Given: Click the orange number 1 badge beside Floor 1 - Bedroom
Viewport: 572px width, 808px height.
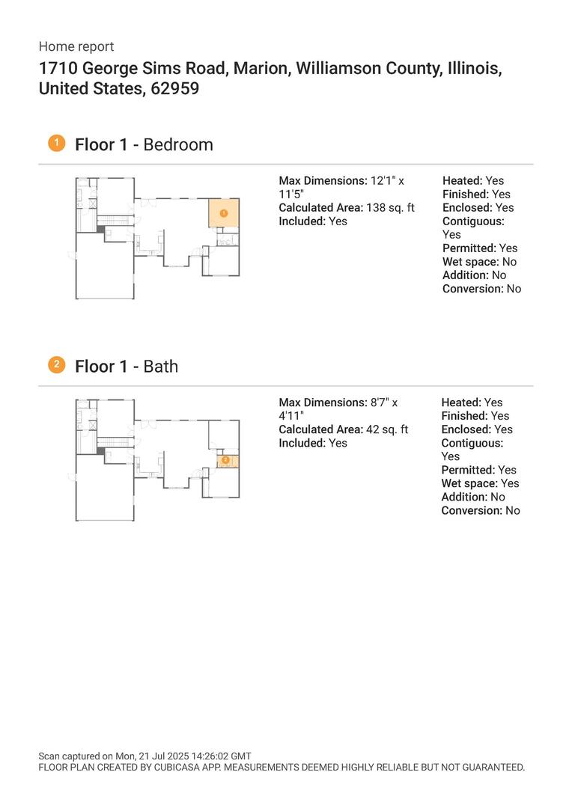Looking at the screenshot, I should (x=56, y=143).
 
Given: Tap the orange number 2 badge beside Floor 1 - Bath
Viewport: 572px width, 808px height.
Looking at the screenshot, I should (x=56, y=364).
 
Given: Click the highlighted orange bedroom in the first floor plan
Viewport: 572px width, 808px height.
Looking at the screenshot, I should (x=223, y=213).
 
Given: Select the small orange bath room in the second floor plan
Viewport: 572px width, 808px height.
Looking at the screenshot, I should (x=227, y=461).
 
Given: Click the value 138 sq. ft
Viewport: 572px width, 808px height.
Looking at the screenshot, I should (x=390, y=208).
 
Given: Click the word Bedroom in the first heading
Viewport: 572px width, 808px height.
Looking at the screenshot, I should (x=177, y=144).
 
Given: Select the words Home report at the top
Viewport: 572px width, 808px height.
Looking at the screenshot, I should (x=76, y=46).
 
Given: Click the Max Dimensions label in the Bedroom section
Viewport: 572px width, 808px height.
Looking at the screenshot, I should (x=323, y=181).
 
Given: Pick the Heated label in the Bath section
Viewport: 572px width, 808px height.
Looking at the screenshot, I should (x=460, y=403).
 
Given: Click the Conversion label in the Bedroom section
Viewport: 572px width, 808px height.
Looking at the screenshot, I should (x=472, y=289).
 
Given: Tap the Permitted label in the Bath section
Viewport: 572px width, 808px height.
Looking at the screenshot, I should (x=468, y=470).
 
